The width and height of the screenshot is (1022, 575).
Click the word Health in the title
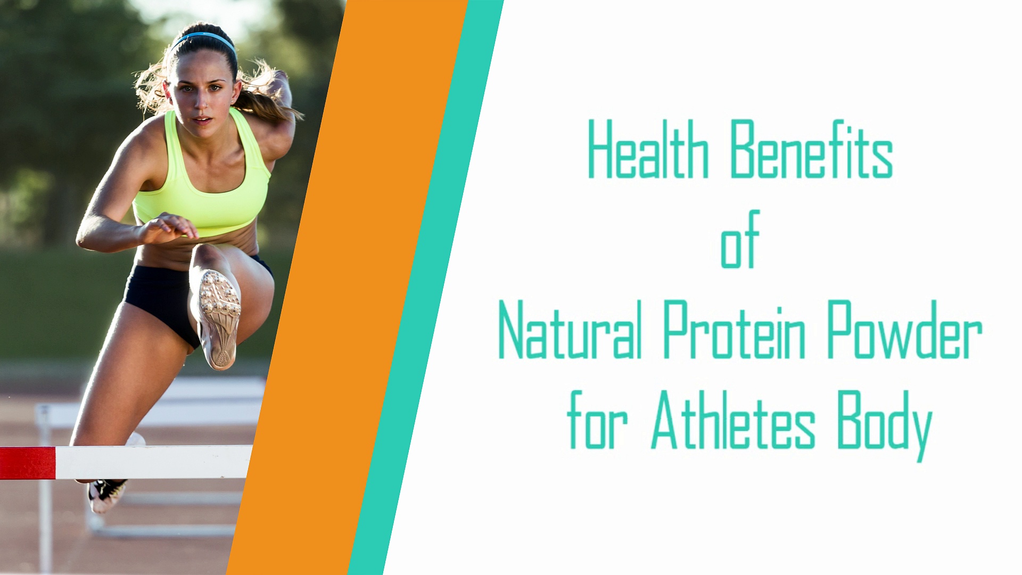(x=648, y=150)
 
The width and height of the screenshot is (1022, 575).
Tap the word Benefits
(x=811, y=150)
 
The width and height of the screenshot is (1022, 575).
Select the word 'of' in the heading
(x=739, y=241)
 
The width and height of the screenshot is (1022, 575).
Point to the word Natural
(x=570, y=330)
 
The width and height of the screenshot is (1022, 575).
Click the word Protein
(x=734, y=330)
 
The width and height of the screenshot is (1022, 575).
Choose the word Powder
(x=904, y=330)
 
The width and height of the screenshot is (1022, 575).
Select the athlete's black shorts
(x=160, y=298)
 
